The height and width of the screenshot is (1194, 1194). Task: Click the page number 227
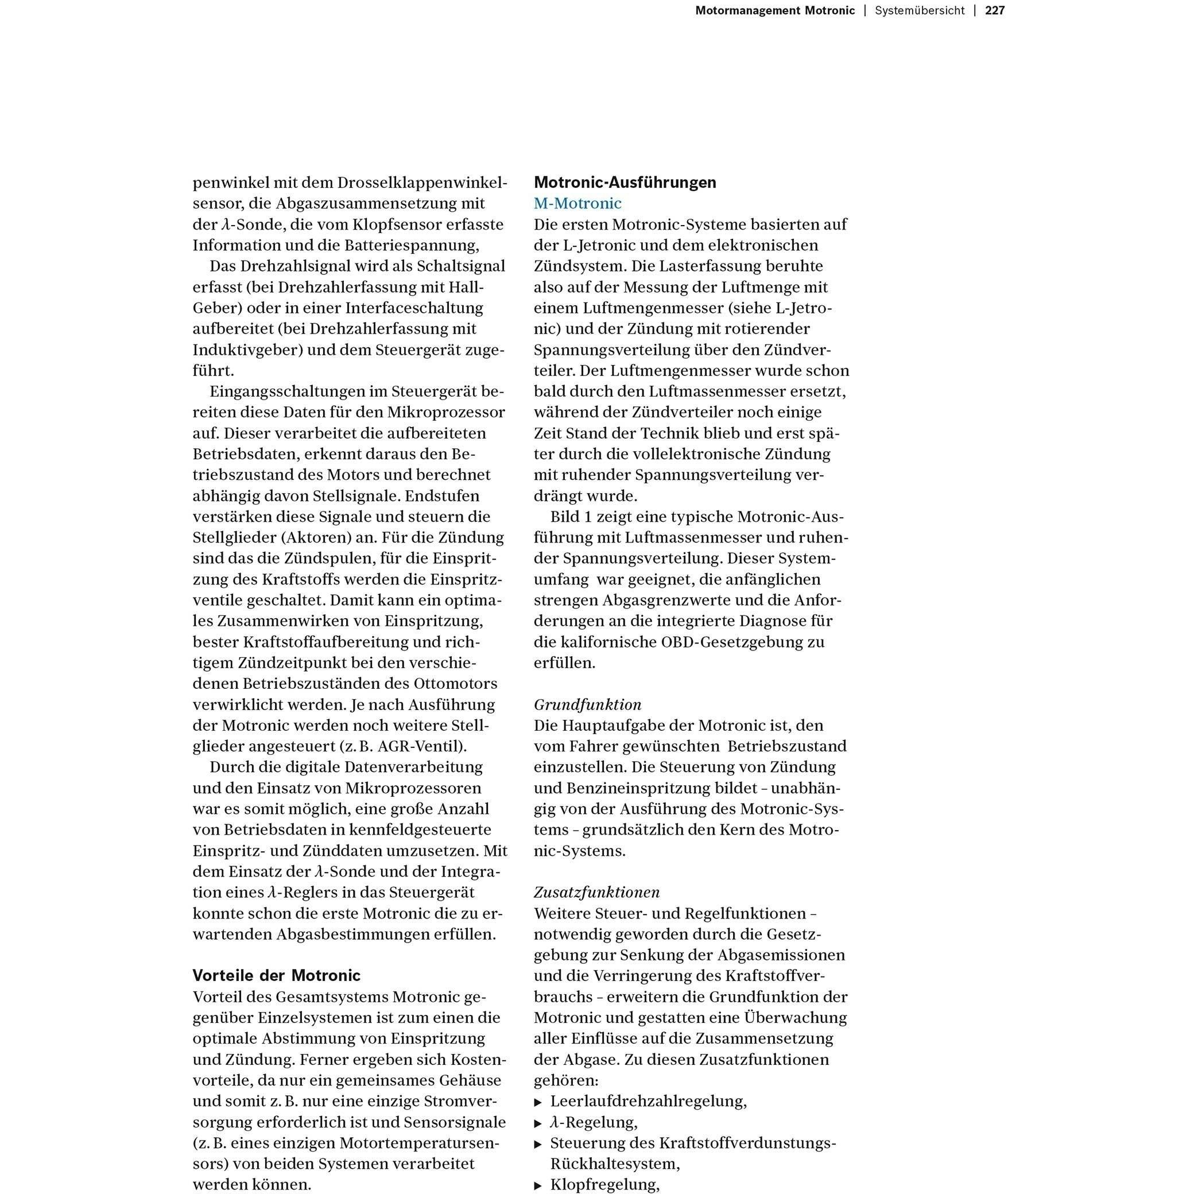(994, 10)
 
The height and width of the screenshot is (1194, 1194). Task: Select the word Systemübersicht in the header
(919, 10)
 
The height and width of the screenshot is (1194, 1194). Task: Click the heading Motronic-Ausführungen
(625, 183)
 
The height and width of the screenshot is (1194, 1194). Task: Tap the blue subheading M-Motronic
(577, 203)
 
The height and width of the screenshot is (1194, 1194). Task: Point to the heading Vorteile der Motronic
(276, 975)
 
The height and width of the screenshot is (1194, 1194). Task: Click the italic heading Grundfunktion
(587, 704)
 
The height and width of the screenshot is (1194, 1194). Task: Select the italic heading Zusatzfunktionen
(596, 892)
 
